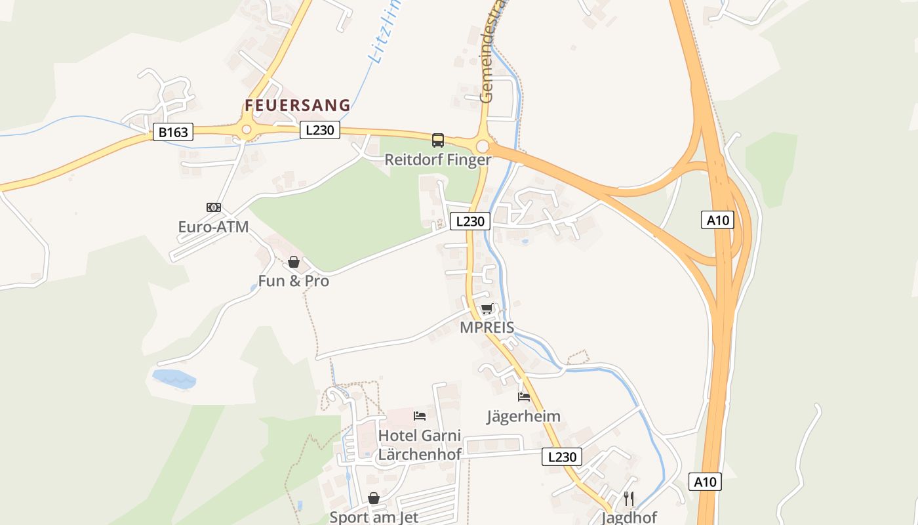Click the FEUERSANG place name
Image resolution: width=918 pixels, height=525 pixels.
(x=298, y=106)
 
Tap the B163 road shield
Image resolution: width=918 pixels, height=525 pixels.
(x=173, y=132)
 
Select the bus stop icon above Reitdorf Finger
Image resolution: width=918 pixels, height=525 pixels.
(x=437, y=140)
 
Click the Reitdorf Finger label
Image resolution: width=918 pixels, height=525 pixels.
(x=437, y=159)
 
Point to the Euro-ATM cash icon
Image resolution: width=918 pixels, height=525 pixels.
(x=214, y=207)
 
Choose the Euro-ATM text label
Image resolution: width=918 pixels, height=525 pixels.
(x=214, y=227)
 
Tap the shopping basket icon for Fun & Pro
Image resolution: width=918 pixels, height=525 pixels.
(x=294, y=262)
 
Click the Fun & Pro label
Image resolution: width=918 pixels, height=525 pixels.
(x=294, y=282)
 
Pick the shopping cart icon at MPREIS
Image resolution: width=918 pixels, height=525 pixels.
(x=487, y=308)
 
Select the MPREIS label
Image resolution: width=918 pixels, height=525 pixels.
(x=487, y=327)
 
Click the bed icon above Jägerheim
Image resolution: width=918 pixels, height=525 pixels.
(x=523, y=396)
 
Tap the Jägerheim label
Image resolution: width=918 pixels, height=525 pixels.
(x=523, y=416)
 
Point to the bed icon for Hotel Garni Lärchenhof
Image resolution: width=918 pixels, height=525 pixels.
(x=420, y=415)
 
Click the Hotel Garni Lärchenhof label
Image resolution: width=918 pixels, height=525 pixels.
(x=420, y=444)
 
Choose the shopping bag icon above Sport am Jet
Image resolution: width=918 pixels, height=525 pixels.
(x=374, y=498)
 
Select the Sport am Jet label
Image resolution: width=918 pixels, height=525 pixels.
(x=374, y=517)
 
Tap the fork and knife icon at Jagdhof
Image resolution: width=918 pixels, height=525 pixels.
(x=629, y=498)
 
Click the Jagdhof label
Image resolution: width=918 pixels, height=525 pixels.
(x=629, y=517)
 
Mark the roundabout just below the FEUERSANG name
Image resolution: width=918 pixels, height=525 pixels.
(x=247, y=130)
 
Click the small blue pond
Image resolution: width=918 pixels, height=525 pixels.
(x=174, y=379)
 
